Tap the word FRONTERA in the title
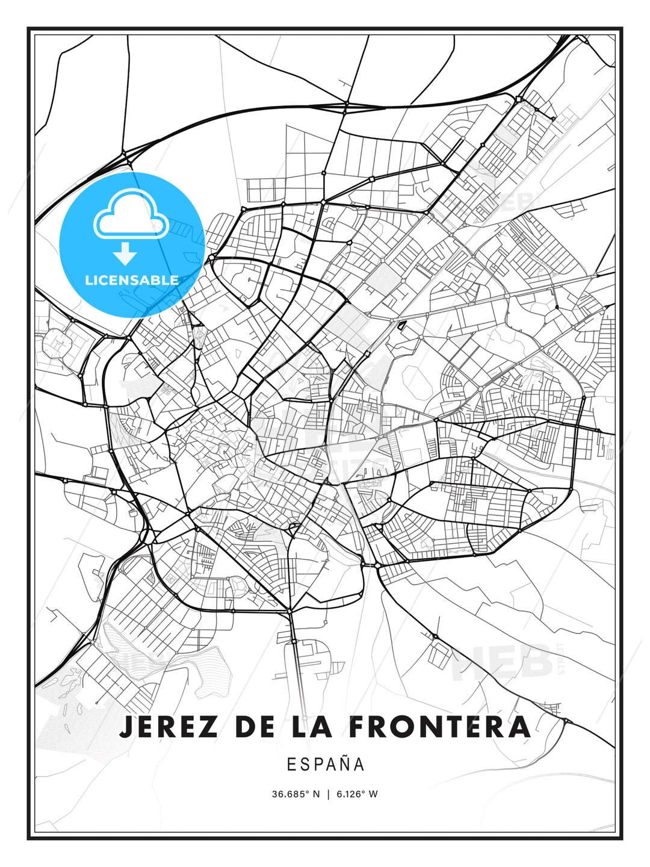pos(439,727)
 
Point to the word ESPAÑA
pos(326,764)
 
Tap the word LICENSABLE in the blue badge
pos(132,280)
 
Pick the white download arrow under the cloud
pos(126,254)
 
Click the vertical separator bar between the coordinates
pos(328,794)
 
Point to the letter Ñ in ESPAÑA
pos(344,763)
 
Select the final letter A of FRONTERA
pos(519,727)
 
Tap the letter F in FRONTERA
pos(356,727)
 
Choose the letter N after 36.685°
pos(317,794)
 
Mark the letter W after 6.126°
pos(373,794)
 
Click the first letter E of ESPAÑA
pos(291,764)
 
